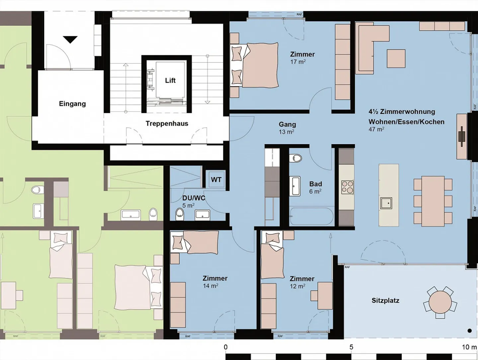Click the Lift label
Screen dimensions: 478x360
coord(170,80)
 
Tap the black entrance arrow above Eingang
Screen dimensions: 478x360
coord(70,40)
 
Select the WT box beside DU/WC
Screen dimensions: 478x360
coord(216,180)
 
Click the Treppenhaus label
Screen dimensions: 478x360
coord(167,124)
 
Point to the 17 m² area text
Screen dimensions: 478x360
coord(298,62)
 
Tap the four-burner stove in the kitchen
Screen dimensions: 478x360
coord(348,187)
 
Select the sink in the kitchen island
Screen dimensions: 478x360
coord(386,202)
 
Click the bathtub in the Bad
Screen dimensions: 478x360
coord(311,216)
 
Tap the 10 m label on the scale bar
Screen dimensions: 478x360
coord(469,347)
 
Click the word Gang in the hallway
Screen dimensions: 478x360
coord(287,124)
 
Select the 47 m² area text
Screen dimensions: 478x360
coord(376,129)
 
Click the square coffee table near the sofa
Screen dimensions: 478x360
coord(396,58)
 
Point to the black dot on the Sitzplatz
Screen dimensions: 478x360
coord(469,330)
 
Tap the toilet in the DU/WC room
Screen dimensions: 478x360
coord(180,213)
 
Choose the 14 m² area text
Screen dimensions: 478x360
coord(210,286)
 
